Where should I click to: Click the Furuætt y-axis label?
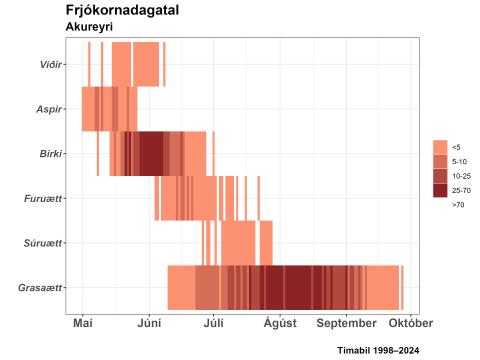point(43,198)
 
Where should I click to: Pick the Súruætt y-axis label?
point(43,243)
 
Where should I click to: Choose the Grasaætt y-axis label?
point(40,288)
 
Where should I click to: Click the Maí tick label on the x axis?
point(83,324)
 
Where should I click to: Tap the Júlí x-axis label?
point(214,324)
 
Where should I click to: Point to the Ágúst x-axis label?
point(280,324)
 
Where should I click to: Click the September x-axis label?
point(347,324)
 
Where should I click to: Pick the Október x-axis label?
point(410,324)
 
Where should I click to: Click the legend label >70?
point(458,204)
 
